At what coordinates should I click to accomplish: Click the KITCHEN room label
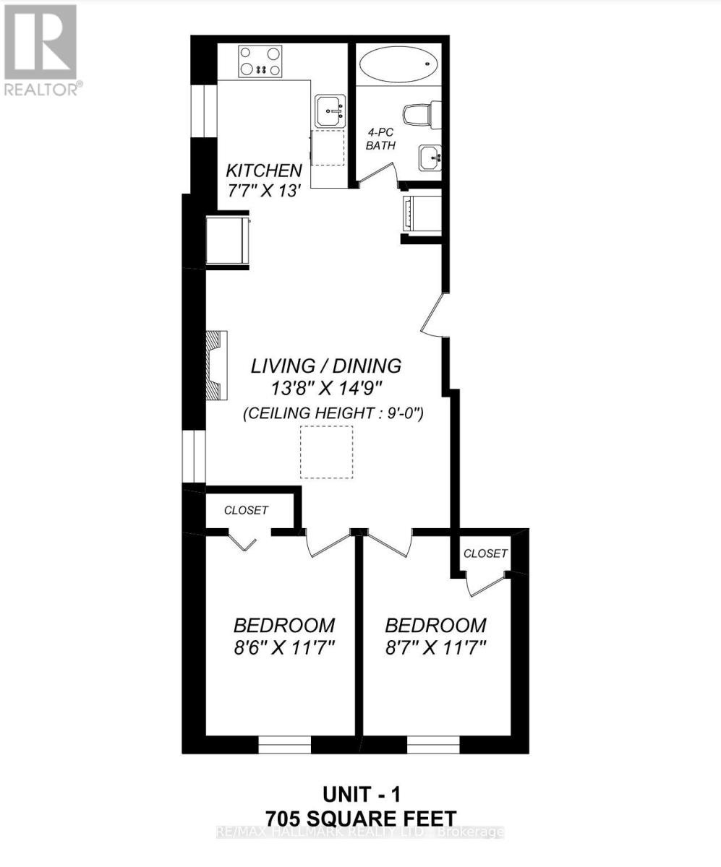[x=263, y=171]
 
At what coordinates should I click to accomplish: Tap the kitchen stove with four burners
[x=260, y=61]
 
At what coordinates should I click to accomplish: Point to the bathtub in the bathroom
[x=397, y=64]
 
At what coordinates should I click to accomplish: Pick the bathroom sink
[x=430, y=155]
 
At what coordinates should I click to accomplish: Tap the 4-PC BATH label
[x=380, y=139]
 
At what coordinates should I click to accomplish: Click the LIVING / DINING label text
[x=325, y=366]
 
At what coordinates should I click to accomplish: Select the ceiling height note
[x=333, y=414]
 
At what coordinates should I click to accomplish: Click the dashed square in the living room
[x=327, y=452]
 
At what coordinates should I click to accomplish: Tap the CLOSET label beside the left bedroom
[x=246, y=510]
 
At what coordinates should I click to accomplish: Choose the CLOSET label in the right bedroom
[x=485, y=553]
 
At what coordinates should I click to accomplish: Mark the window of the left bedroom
[x=284, y=744]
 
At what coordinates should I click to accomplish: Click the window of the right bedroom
[x=433, y=744]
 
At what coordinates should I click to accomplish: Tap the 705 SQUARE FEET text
[x=360, y=819]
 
